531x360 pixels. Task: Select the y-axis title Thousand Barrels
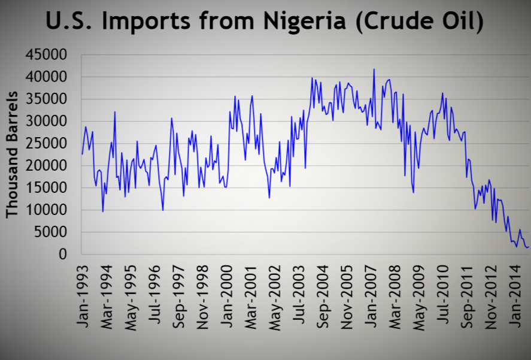(13, 155)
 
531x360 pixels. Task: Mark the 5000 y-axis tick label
(51, 232)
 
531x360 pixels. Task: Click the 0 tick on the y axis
(62, 255)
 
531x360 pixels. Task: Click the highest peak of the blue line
(374, 69)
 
